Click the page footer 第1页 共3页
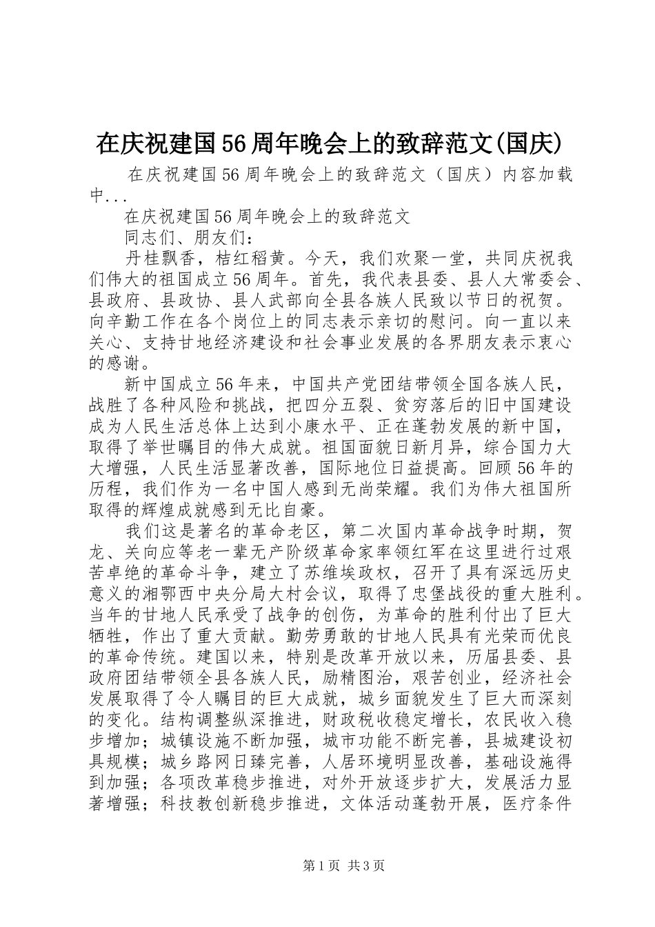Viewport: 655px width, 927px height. pyautogui.click(x=327, y=866)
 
